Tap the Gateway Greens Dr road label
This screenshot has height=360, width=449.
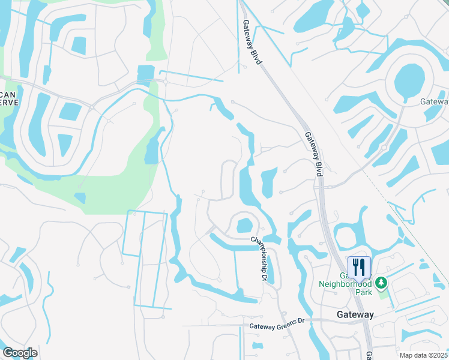click(x=278, y=326)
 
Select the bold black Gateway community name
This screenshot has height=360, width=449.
click(x=355, y=314)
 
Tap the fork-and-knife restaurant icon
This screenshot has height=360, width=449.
click(x=360, y=266)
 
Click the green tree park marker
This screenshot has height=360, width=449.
click(x=381, y=282)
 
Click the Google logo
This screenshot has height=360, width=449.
click(x=20, y=353)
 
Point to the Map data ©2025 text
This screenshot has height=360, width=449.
click(x=424, y=355)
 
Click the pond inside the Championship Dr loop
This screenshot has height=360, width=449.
click(x=244, y=226)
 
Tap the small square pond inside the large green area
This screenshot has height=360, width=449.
click(x=80, y=198)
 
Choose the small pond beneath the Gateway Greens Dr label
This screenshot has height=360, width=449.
click(x=258, y=346)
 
